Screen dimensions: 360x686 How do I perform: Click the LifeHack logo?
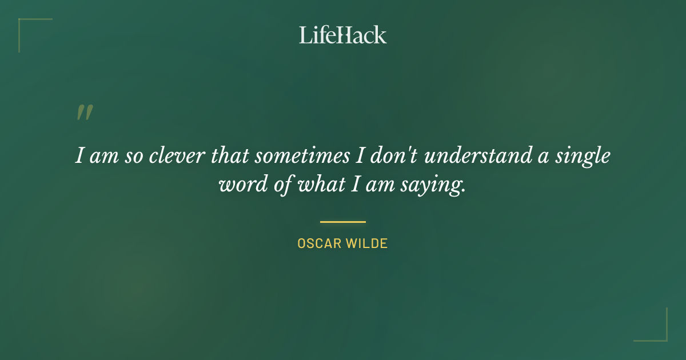coord(343,35)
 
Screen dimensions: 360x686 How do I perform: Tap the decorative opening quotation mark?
coord(85,113)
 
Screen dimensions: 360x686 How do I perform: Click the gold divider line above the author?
coord(343,222)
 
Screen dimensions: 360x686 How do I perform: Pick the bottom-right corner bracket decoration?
coord(665,339)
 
